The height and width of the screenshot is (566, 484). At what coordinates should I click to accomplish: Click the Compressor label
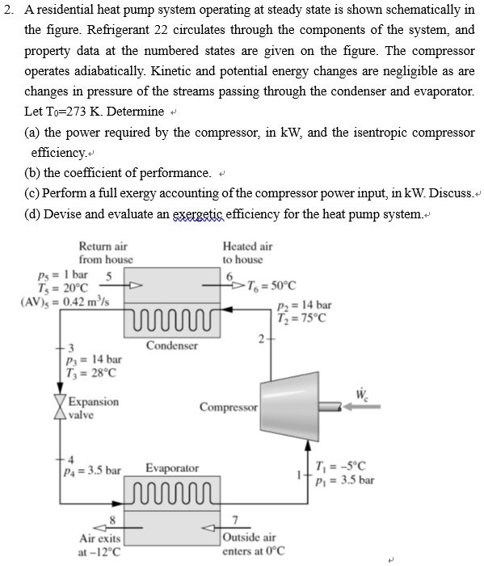pos(229,408)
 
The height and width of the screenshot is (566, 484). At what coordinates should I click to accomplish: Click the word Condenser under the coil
pos(172,346)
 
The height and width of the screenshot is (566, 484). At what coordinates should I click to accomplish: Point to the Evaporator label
pos(172,468)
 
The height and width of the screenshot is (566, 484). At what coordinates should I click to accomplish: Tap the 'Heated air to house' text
pos(247,252)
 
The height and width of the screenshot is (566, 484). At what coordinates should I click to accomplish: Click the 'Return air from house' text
pos(104,252)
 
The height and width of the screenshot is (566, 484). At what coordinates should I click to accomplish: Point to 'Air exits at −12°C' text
pos(100,545)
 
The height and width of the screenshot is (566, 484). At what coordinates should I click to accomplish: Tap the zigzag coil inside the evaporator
pos(172,491)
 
